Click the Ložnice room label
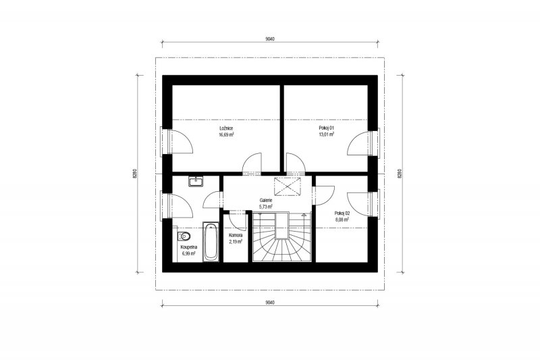226,128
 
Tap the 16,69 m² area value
226,134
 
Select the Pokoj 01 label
327,128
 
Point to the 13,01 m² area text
327,134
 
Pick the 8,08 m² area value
342,219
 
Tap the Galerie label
266,200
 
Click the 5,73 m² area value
266,207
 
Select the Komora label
236,235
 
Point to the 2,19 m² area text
236,242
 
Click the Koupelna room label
189,247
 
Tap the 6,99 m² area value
189,253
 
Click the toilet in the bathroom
184,236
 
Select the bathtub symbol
211,242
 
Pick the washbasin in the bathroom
196,181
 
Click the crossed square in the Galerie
288,186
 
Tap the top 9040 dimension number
271,39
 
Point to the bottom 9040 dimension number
271,303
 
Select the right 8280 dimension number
400,174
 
